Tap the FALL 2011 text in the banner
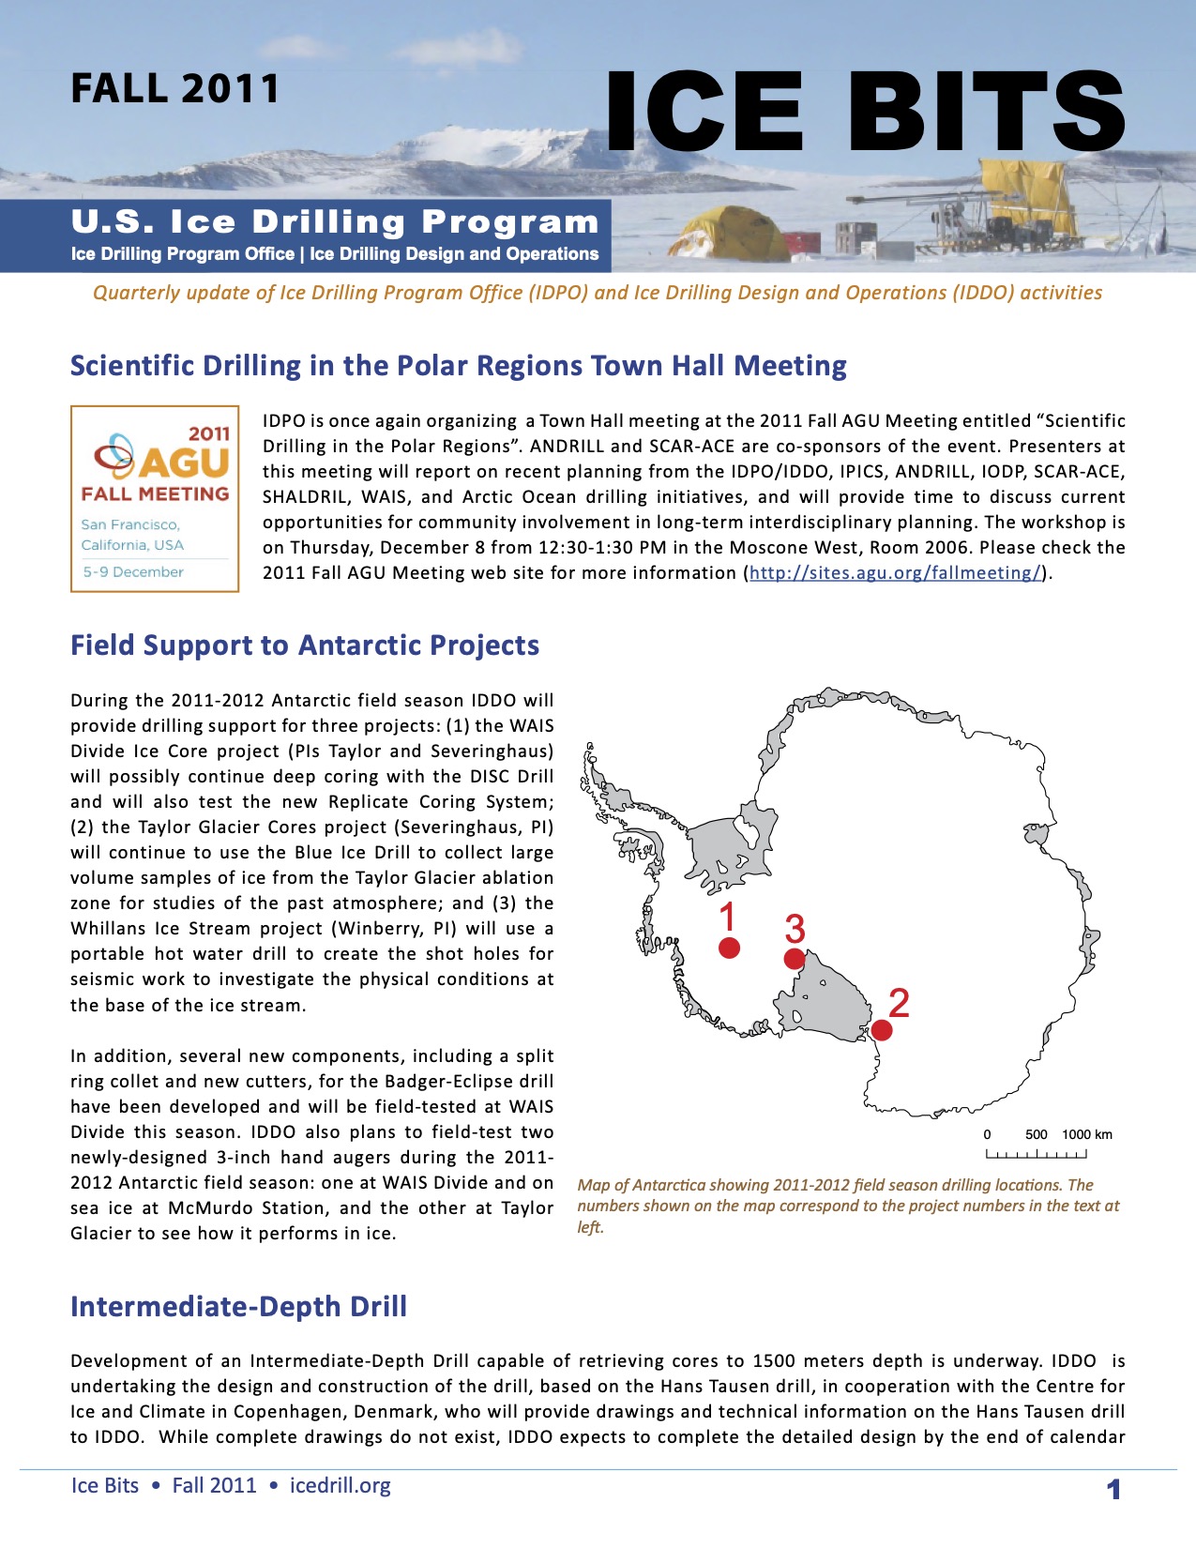(x=174, y=89)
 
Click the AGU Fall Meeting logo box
(x=155, y=498)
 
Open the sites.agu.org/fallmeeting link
(x=895, y=573)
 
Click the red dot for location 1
(x=729, y=948)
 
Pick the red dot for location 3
(x=794, y=959)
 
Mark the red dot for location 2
(x=881, y=1030)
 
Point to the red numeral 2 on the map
(x=899, y=1003)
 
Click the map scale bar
(x=1036, y=1153)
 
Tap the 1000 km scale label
(x=1087, y=1134)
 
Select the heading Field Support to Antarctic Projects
(x=305, y=645)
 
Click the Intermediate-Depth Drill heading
(x=238, y=1307)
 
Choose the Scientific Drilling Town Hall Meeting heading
(x=458, y=366)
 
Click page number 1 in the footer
(x=1113, y=1489)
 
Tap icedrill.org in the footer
(x=340, y=1485)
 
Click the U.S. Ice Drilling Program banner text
(x=335, y=222)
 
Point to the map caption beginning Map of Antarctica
(x=848, y=1206)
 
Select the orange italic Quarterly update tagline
(x=598, y=293)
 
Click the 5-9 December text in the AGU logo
(x=133, y=571)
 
